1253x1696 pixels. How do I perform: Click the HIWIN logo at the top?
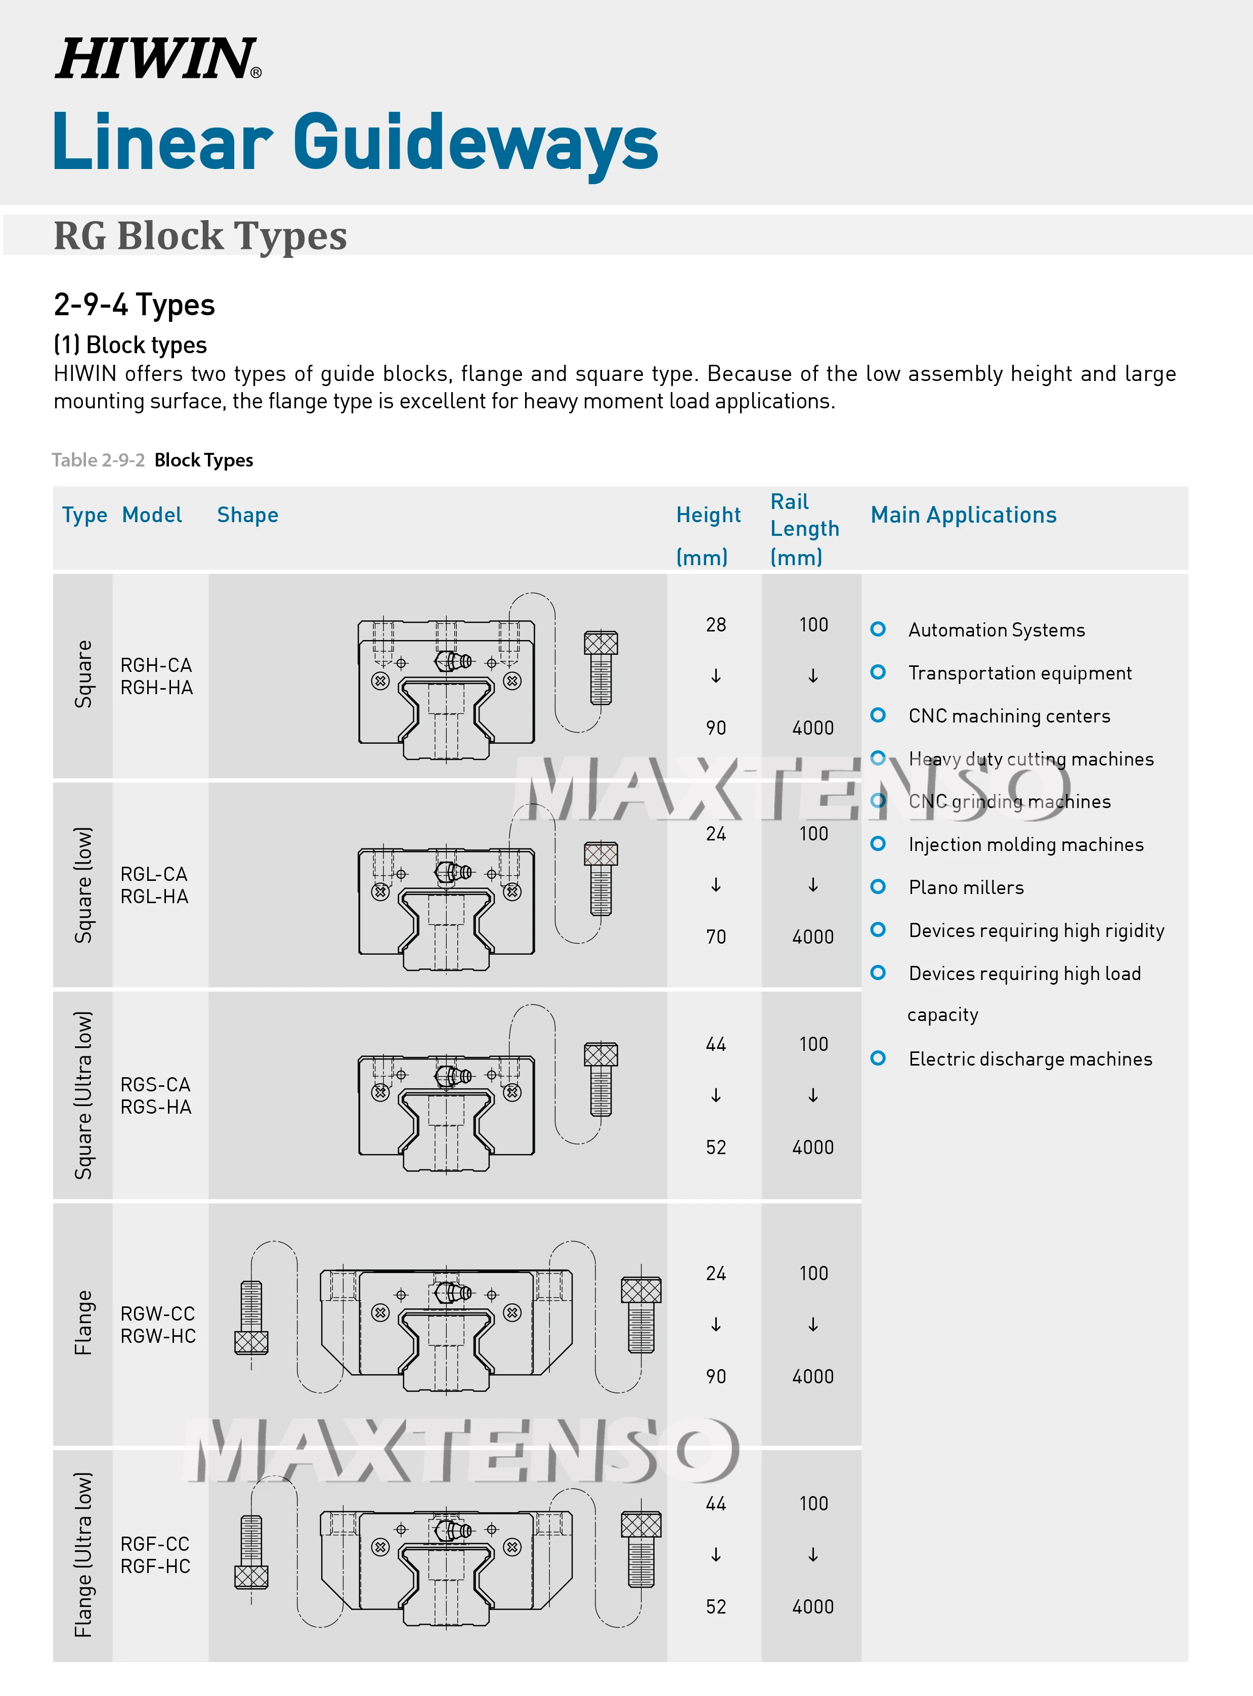coord(158,59)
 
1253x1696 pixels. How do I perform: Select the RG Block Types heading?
coord(200,235)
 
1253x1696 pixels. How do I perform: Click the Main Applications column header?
coord(963,515)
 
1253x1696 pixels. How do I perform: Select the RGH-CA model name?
coord(156,665)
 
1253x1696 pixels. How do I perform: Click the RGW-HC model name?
coord(158,1336)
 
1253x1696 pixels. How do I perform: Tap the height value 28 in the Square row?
coord(715,625)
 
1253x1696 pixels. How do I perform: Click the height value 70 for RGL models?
coord(715,937)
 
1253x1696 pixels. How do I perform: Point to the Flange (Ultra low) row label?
coord(83,1554)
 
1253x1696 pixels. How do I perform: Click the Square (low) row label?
coord(83,884)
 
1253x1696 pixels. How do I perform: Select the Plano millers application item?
coord(966,887)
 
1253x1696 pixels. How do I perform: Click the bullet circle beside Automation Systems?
coord(878,629)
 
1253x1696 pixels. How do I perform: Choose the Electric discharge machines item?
coord(1030,1059)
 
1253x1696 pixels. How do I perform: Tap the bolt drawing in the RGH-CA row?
coord(601,667)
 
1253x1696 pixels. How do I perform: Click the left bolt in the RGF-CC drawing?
coord(251,1551)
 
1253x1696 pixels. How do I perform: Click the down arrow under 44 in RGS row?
coord(715,1095)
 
